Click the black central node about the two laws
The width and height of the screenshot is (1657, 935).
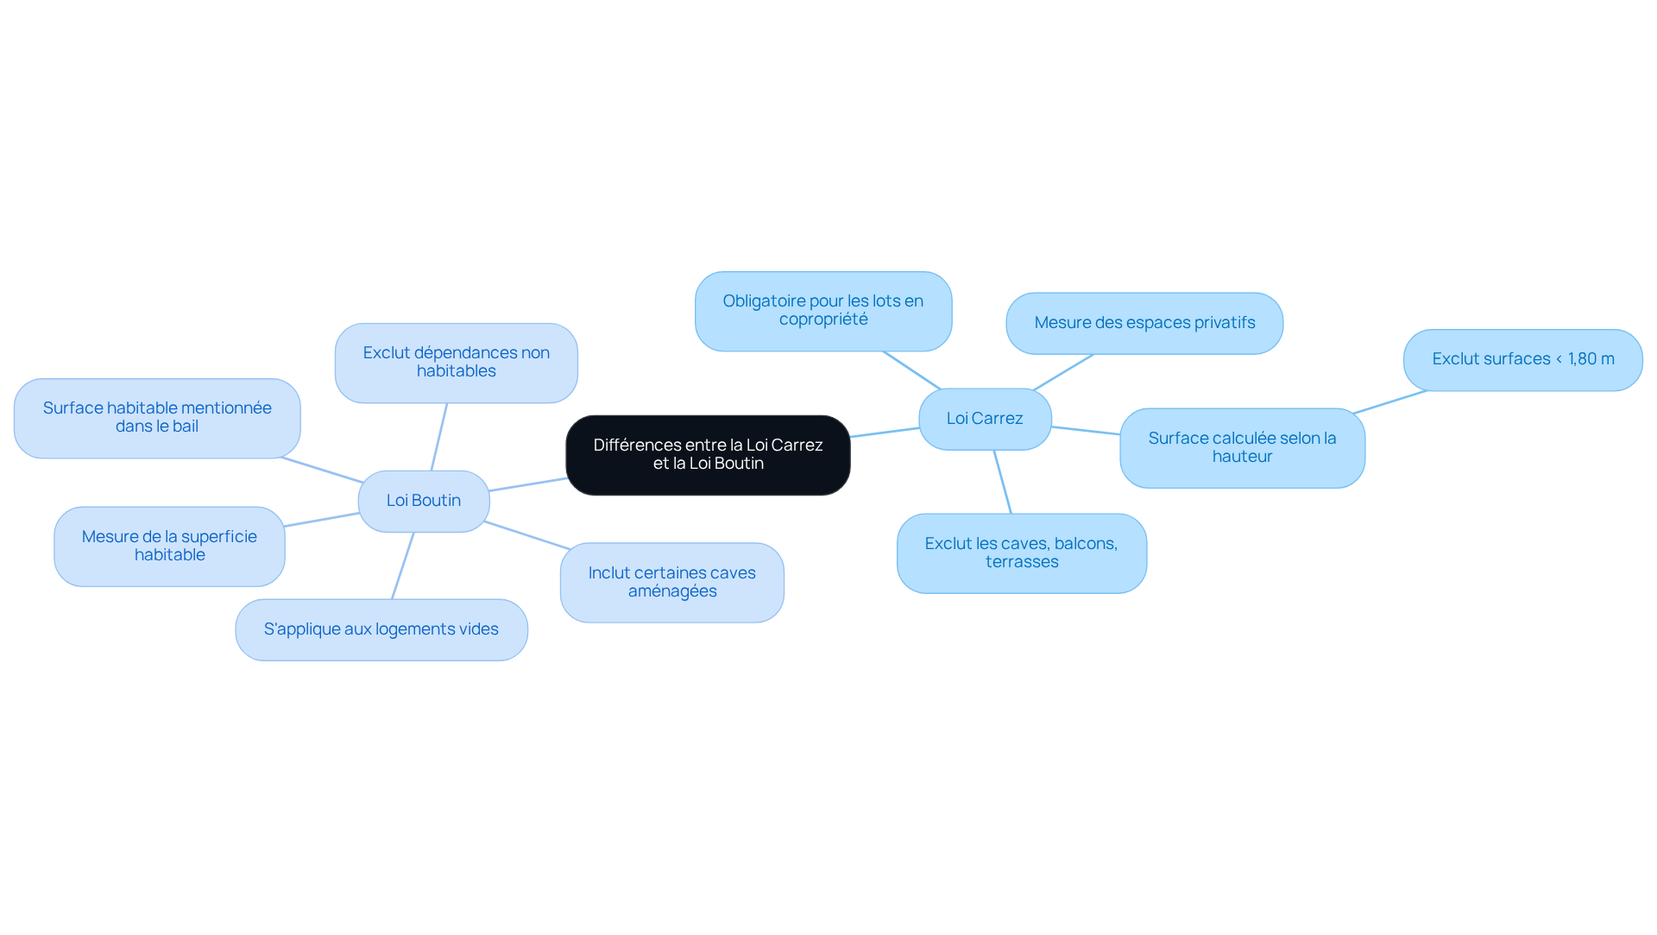point(708,455)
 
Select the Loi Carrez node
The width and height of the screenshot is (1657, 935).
point(985,419)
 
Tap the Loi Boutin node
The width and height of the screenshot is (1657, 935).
point(424,501)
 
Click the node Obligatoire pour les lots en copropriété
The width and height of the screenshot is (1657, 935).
point(823,311)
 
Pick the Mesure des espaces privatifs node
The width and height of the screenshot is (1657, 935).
point(1144,323)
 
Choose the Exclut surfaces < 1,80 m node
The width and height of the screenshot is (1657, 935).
point(1523,359)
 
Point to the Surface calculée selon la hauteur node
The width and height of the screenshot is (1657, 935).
point(1242,447)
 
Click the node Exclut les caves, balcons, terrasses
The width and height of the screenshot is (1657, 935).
point(1022,553)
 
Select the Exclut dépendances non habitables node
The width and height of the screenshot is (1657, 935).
point(457,363)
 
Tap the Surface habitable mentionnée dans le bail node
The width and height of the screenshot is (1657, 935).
point(157,418)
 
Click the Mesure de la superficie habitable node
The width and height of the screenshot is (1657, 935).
point(170,546)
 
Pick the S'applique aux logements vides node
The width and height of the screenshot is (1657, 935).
point(381,629)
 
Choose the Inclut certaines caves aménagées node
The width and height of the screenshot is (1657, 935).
point(672,582)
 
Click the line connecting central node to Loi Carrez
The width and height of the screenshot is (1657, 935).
point(885,433)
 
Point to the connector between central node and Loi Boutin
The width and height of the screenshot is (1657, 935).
point(528,484)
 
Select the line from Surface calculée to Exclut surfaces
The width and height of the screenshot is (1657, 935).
point(1390,401)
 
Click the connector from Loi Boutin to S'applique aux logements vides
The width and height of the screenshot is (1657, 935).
point(403,565)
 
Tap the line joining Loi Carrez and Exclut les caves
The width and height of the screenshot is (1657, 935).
point(1003,482)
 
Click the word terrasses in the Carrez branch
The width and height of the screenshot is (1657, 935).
point(1022,562)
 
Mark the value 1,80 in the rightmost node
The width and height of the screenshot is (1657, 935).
point(1583,359)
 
